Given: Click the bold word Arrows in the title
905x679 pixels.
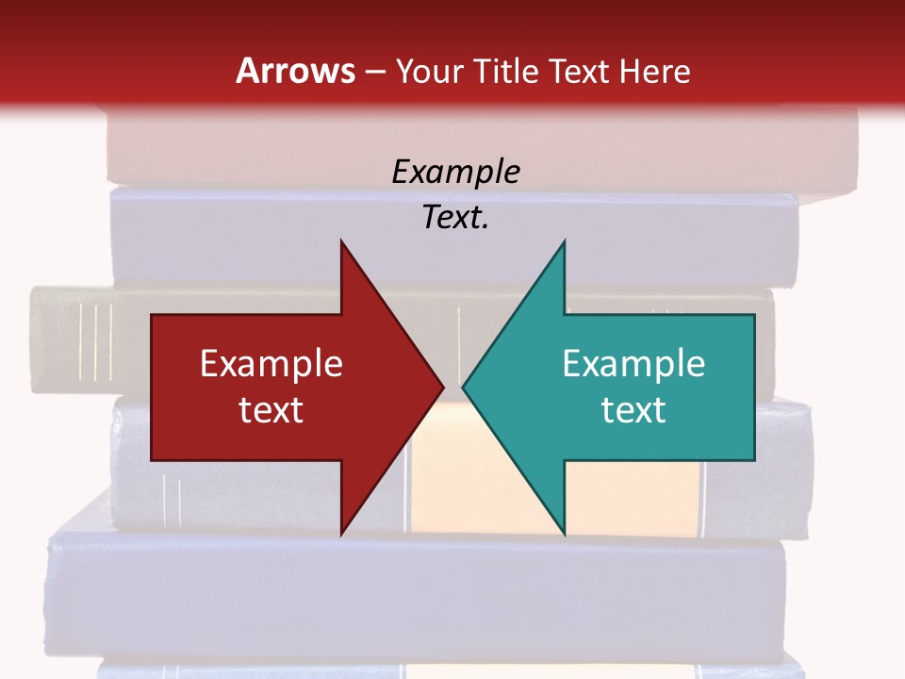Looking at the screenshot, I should tap(296, 72).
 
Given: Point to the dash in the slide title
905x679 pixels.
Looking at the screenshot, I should tap(375, 72).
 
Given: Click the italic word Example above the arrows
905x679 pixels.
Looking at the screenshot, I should tap(455, 173).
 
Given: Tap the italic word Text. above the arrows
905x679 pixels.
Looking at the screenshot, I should tap(455, 218).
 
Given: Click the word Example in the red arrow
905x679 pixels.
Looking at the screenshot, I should tap(271, 364).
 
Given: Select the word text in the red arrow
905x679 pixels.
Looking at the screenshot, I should tap(271, 410).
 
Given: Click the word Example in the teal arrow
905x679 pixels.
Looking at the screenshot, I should tap(633, 364).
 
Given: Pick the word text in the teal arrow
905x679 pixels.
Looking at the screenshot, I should tap(633, 410).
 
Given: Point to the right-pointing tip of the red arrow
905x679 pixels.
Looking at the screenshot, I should tap(443, 387).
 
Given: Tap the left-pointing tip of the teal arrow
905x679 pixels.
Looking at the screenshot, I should tap(463, 387).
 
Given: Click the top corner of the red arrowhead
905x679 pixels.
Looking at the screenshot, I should tap(341, 241).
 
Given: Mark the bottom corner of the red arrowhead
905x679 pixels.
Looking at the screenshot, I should tap(341, 534).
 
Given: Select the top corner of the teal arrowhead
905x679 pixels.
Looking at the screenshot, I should tap(564, 241).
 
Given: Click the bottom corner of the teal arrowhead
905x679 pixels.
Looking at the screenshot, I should tap(564, 534).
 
